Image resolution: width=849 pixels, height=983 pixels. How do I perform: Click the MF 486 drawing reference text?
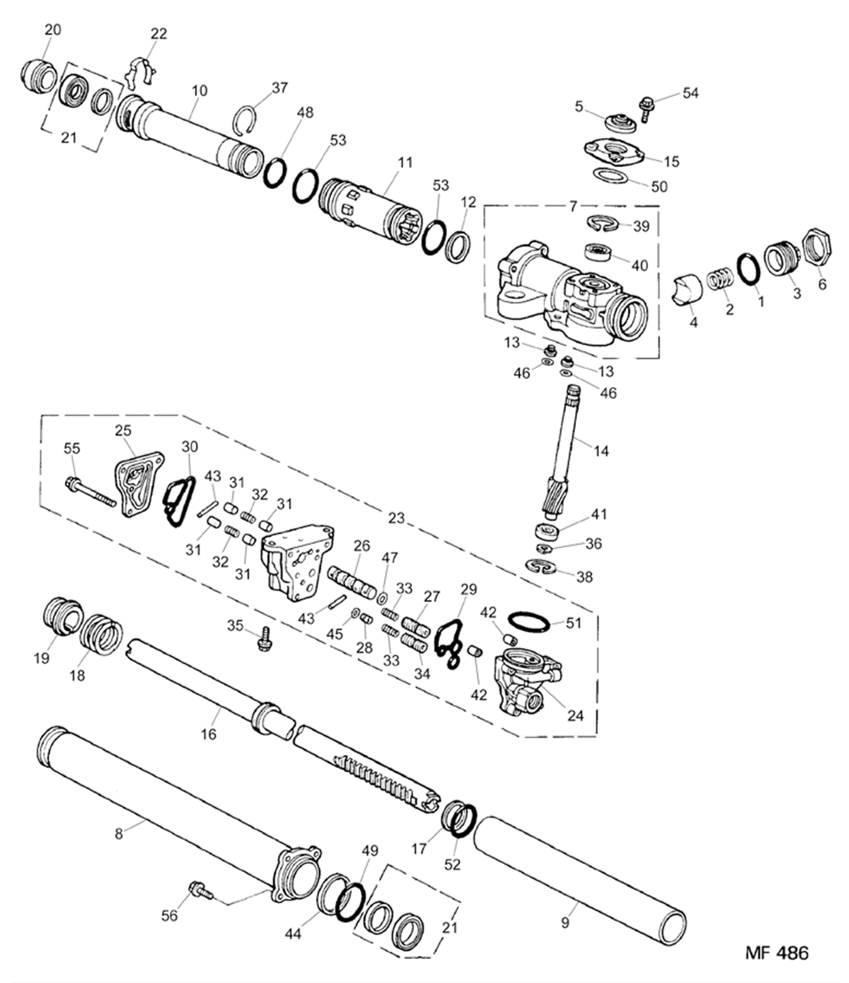[776, 953]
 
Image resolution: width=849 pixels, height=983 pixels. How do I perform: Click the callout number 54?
[690, 93]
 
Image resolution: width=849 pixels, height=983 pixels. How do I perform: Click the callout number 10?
[199, 90]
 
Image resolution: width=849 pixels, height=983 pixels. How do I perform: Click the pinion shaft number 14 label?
[601, 451]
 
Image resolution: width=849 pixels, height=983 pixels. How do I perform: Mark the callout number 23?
[396, 518]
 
